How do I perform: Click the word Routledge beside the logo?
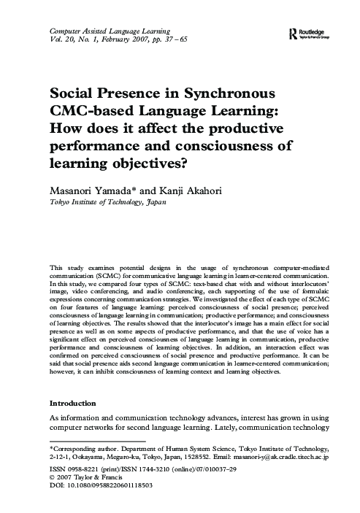point(316,31)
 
